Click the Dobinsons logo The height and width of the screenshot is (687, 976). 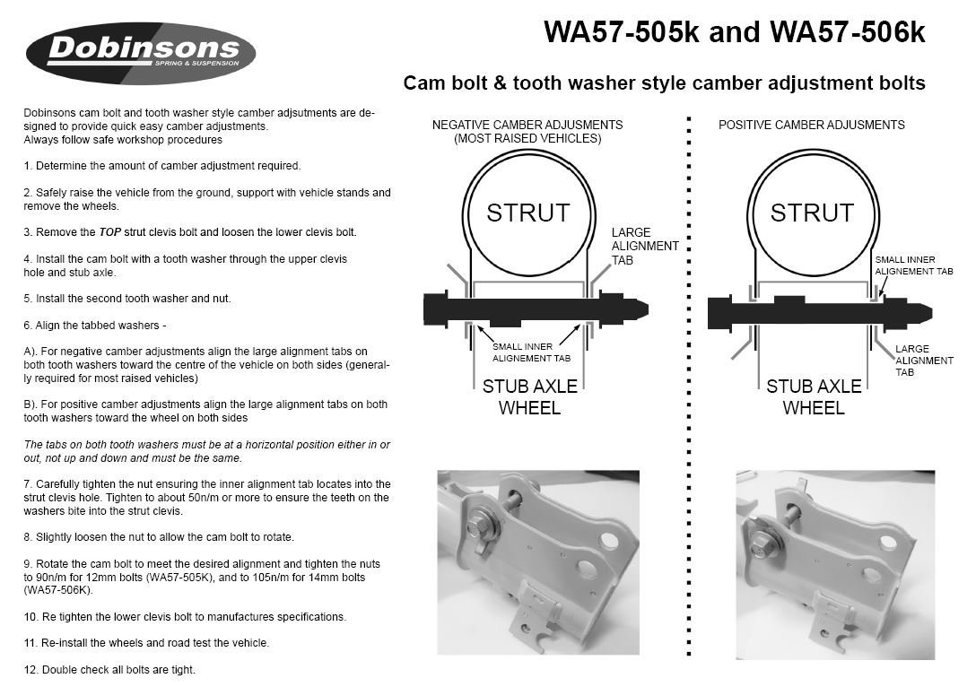(141, 53)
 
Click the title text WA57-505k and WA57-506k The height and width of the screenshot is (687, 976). (734, 32)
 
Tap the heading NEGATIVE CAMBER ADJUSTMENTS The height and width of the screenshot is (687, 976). (527, 126)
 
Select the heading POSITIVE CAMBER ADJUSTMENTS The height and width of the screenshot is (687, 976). (811, 126)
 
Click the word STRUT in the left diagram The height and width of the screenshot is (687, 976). (527, 213)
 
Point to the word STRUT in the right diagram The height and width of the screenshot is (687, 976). (812, 213)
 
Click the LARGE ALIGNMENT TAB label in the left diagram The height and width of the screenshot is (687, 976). (644, 246)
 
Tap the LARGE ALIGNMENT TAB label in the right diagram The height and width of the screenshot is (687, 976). (923, 361)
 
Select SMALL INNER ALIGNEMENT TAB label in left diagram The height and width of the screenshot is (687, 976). (531, 352)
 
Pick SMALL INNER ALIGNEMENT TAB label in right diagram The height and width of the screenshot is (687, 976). (913, 265)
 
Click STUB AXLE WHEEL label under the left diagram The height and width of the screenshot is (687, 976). (529, 397)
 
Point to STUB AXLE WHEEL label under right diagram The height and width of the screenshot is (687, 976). (813, 397)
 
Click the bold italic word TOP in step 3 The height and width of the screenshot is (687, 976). (109, 232)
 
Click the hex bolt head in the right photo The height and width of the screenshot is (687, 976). (762, 544)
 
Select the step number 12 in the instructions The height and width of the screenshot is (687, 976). (30, 670)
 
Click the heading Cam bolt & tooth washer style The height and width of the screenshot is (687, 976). (664, 83)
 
